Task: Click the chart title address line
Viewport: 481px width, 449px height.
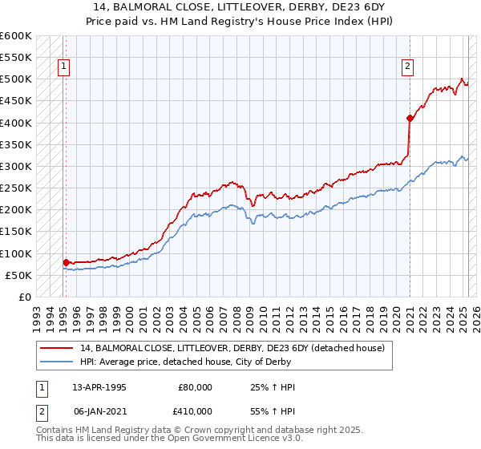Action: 240,6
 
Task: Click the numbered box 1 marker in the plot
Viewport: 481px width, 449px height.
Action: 63,67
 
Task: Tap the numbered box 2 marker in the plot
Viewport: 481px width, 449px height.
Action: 407,67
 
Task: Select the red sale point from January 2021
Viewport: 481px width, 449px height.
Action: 410,119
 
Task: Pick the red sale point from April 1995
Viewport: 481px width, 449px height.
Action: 66,262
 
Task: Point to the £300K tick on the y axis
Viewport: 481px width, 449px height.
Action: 18,166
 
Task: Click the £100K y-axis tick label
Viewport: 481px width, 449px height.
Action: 18,253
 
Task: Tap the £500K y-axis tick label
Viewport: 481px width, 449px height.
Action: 18,79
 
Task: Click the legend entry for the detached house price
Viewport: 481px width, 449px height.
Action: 232,348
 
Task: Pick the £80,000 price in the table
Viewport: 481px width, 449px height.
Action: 195,387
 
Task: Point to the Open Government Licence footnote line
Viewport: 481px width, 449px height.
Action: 170,439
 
